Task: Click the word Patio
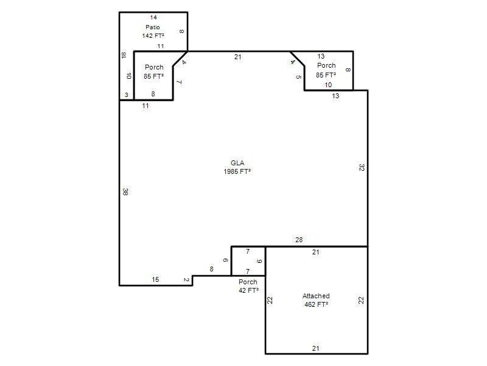click(153, 27)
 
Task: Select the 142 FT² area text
click(153, 36)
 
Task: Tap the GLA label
click(237, 163)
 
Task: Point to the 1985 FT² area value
click(237, 171)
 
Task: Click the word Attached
click(316, 296)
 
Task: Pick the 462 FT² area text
click(316, 304)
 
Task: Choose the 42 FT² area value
click(248, 290)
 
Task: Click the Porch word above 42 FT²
click(248, 282)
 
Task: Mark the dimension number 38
click(125, 192)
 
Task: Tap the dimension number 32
click(362, 167)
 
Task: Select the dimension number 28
click(299, 240)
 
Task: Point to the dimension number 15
click(155, 279)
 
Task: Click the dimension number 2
click(186, 280)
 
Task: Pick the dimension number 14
click(153, 18)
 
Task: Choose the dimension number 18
click(124, 55)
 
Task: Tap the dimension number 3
click(127, 95)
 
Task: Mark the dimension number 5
click(298, 77)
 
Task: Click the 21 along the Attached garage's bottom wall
click(315, 348)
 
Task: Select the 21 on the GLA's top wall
click(237, 57)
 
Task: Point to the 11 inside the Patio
click(161, 46)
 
